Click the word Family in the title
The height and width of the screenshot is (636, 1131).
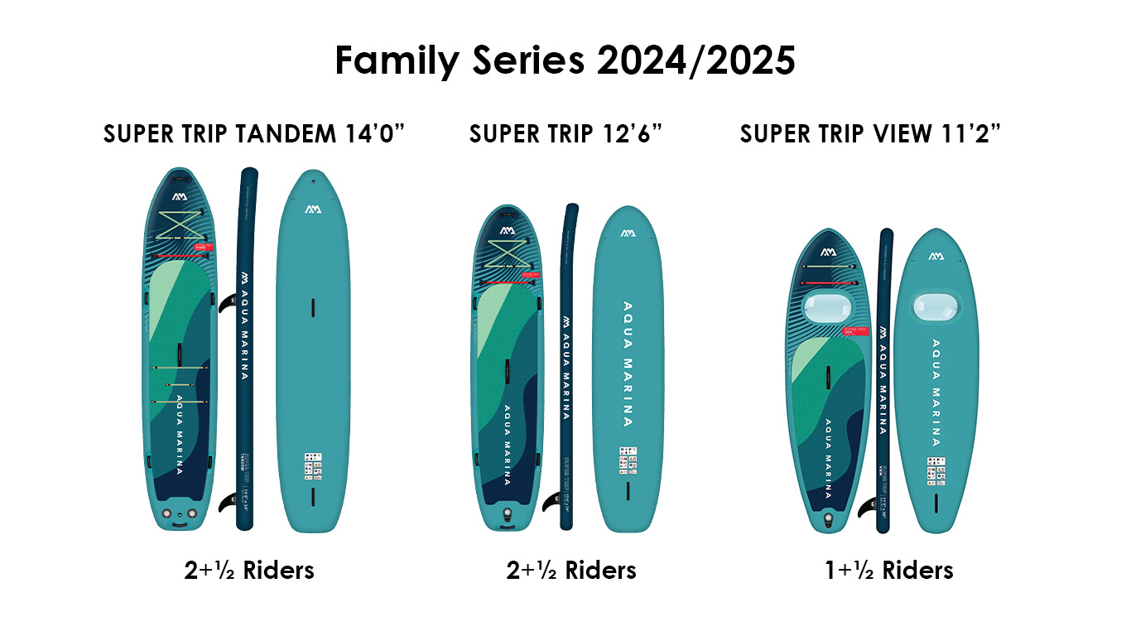click(395, 60)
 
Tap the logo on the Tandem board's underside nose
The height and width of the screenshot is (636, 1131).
click(312, 209)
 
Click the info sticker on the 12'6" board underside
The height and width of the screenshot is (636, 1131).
click(628, 460)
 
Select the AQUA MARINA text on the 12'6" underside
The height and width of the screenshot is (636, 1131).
click(627, 364)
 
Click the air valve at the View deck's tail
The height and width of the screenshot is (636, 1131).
click(827, 519)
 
